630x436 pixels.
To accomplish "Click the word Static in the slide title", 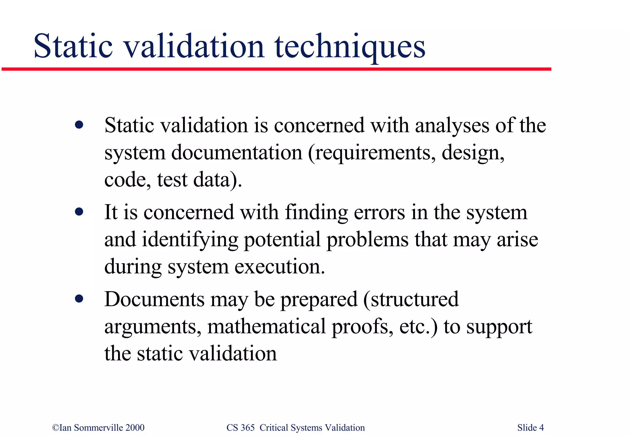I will point(73,46).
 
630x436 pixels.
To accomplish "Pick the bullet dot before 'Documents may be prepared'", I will point(79,299).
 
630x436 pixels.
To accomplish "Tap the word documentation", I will point(237,153).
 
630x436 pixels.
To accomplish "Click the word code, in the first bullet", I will point(127,180).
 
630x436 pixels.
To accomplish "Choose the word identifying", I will point(190,240).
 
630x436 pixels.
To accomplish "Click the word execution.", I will point(280,267).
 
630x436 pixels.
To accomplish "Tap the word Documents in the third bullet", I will point(154,299).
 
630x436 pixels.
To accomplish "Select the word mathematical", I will point(266,326).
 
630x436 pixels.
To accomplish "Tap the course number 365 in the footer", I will point(247,428).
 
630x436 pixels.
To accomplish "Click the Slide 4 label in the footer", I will point(530,428).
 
